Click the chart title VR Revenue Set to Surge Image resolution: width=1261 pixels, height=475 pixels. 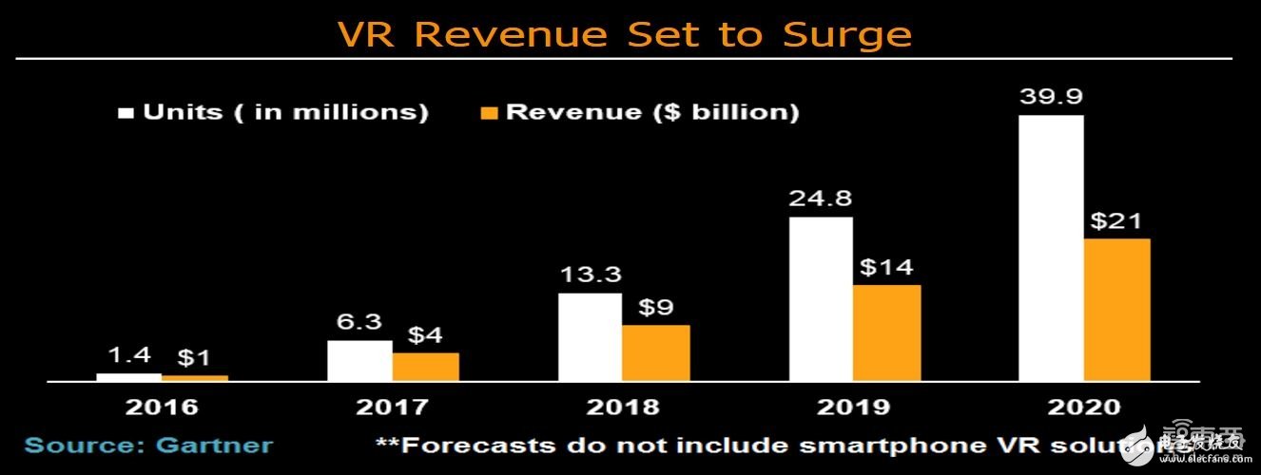(624, 34)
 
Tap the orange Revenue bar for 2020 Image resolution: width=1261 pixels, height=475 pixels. (1117, 310)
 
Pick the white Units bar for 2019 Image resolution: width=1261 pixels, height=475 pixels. (821, 299)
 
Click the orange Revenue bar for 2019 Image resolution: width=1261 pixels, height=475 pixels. (886, 332)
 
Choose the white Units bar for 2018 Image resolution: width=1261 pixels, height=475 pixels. (591, 337)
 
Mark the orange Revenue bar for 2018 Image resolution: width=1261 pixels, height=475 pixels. (656, 352)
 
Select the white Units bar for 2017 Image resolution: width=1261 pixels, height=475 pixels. (359, 361)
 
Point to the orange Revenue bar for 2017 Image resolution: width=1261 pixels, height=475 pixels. (426, 367)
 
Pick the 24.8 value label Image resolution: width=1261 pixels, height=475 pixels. (821, 199)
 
